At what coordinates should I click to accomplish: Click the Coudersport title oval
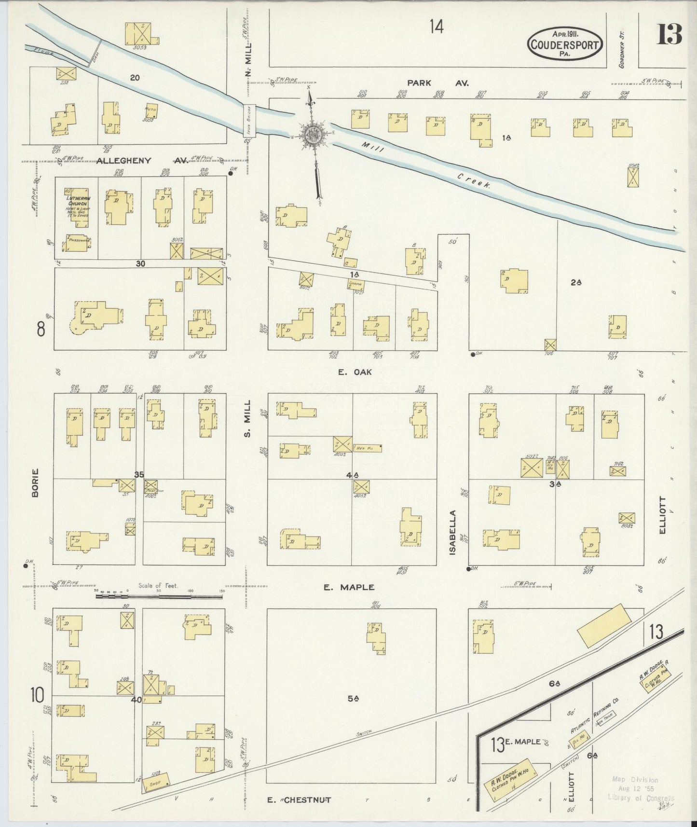(565, 44)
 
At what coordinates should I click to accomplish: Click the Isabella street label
(452, 532)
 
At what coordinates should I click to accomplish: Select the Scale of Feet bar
(159, 596)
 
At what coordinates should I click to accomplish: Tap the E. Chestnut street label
(299, 799)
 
